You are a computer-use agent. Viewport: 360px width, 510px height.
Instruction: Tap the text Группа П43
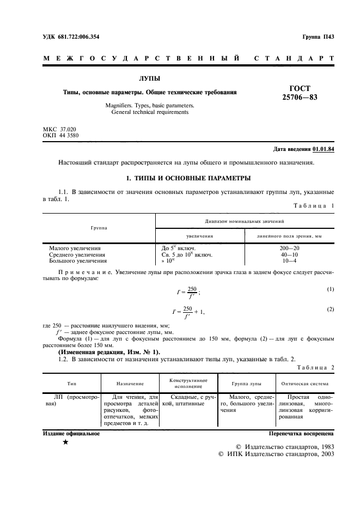tap(318, 37)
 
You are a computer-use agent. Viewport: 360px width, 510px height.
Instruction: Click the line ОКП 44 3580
tap(60, 135)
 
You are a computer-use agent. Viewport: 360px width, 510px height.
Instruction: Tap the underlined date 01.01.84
tap(323, 149)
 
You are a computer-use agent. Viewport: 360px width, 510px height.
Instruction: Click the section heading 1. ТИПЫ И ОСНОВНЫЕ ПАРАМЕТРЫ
tap(180, 178)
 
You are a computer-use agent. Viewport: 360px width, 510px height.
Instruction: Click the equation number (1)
tap(330, 289)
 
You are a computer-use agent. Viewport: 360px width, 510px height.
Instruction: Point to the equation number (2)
tap(330, 309)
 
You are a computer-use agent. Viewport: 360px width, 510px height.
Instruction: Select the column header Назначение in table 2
tap(130, 384)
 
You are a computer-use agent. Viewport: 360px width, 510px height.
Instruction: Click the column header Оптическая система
tap(304, 384)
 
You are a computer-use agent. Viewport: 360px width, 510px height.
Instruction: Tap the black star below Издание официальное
tap(65, 442)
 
